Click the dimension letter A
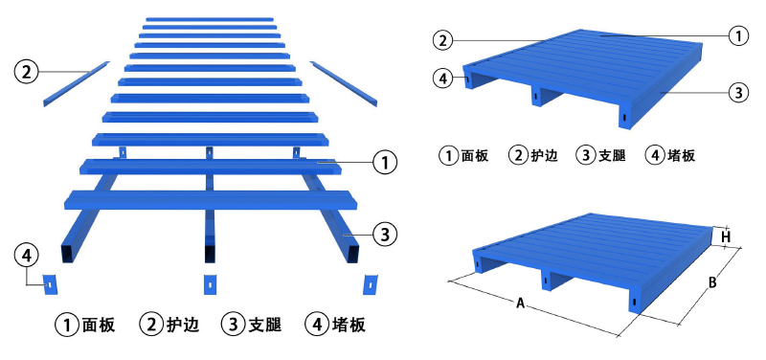tap(520, 304)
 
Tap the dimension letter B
tap(712, 282)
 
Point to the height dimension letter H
tap(726, 236)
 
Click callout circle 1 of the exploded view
tap(383, 163)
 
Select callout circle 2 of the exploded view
tap(26, 71)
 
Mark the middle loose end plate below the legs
tap(210, 284)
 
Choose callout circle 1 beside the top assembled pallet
tap(737, 35)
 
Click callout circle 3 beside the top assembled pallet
tap(737, 93)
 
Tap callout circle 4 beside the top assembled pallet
tap(441, 79)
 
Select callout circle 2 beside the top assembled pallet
tap(441, 40)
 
